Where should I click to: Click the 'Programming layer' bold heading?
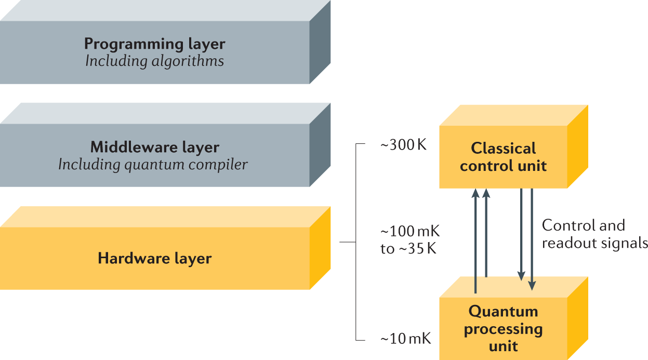pyautogui.click(x=155, y=44)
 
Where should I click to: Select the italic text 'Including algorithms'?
pyautogui.click(x=155, y=61)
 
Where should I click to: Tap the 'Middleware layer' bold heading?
pyautogui.click(x=155, y=147)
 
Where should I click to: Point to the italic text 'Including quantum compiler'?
pyautogui.click(x=153, y=165)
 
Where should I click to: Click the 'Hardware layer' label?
pyautogui.click(x=155, y=258)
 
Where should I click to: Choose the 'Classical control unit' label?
pyautogui.click(x=503, y=157)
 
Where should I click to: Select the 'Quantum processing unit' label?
pyautogui.click(x=503, y=328)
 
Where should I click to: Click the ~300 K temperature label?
pyautogui.click(x=403, y=145)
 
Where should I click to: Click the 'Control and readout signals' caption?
pyautogui.click(x=594, y=234)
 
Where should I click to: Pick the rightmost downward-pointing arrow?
pyautogui.click(x=532, y=239)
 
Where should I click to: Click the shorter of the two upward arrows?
pyautogui.click(x=486, y=234)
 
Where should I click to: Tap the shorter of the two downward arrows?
pyautogui.click(x=521, y=234)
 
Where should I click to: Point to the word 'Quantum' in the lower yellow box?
pyautogui.click(x=503, y=312)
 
